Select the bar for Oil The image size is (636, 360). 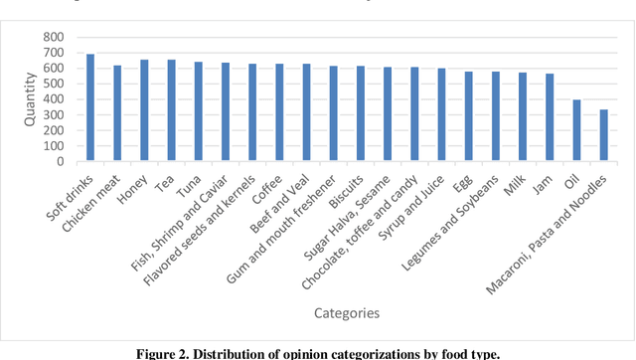coord(576,130)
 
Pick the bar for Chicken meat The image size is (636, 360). coord(117,113)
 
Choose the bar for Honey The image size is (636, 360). coord(144,110)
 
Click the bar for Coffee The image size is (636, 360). coord(252,112)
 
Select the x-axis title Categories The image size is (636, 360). coord(348,313)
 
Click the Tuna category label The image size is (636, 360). coord(188,181)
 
